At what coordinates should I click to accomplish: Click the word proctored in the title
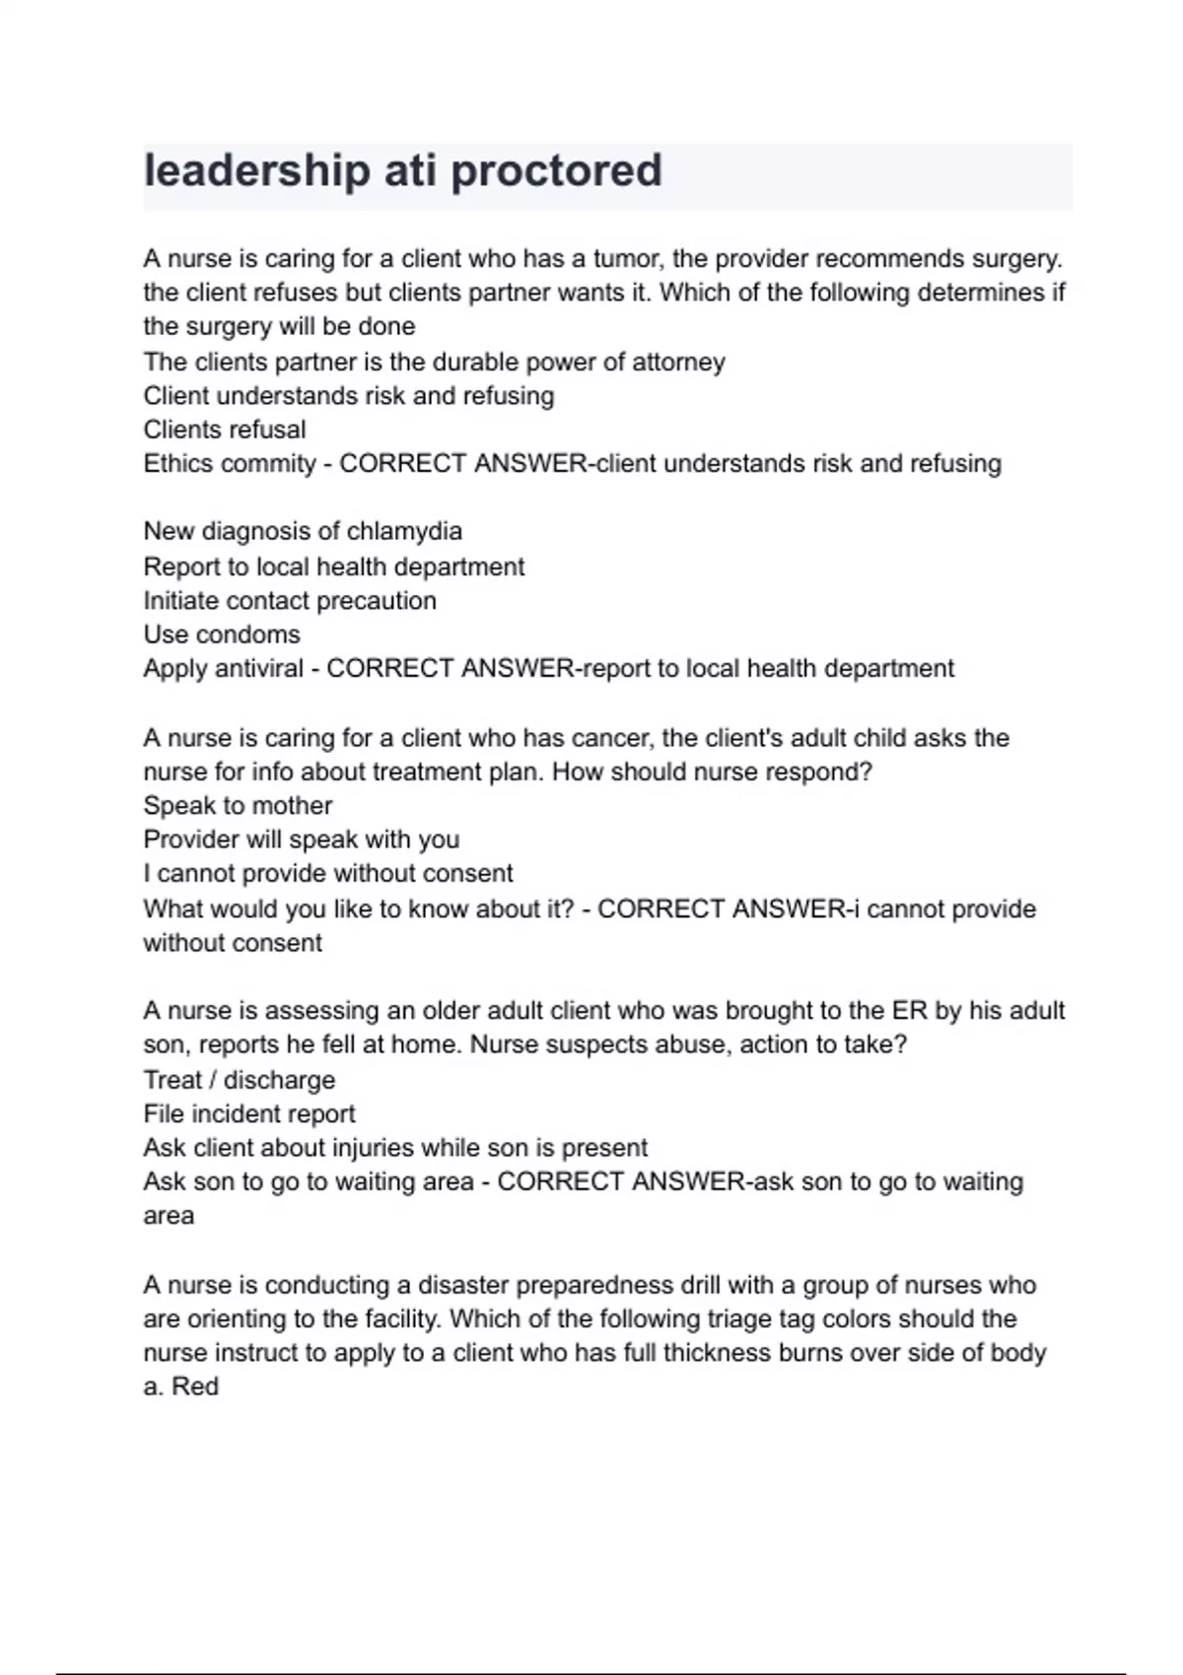click(556, 170)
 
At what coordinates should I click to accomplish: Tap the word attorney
click(677, 362)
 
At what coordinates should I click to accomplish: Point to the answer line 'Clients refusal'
click(225, 430)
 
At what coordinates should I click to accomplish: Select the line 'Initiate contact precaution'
click(290, 600)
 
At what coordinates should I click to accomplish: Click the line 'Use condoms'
click(222, 635)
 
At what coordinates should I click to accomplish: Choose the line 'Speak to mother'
click(238, 805)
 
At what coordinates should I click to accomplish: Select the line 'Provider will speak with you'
click(302, 839)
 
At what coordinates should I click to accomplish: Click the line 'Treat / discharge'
click(240, 1080)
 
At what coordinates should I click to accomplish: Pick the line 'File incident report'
click(249, 1113)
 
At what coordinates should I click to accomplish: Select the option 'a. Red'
click(181, 1386)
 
